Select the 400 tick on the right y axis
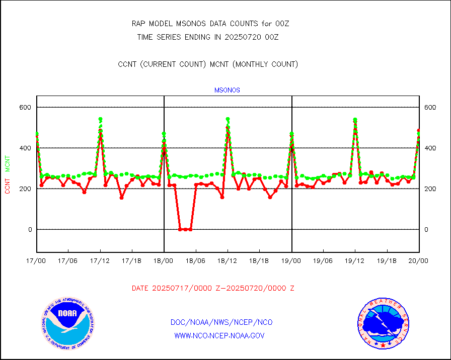pyautogui.click(x=430, y=148)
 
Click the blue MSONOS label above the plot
pyautogui.click(x=228, y=91)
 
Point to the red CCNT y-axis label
pyautogui.click(x=8, y=184)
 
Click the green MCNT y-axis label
pyautogui.click(x=8, y=163)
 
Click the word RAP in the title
pyautogui.click(x=138, y=24)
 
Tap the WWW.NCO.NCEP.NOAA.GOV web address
pyautogui.click(x=219, y=335)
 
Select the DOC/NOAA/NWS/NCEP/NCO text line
pyautogui.click(x=221, y=322)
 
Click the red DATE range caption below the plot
pyautogui.click(x=213, y=288)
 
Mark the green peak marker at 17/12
pyautogui.click(x=101, y=120)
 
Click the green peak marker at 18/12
pyautogui.click(x=228, y=120)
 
